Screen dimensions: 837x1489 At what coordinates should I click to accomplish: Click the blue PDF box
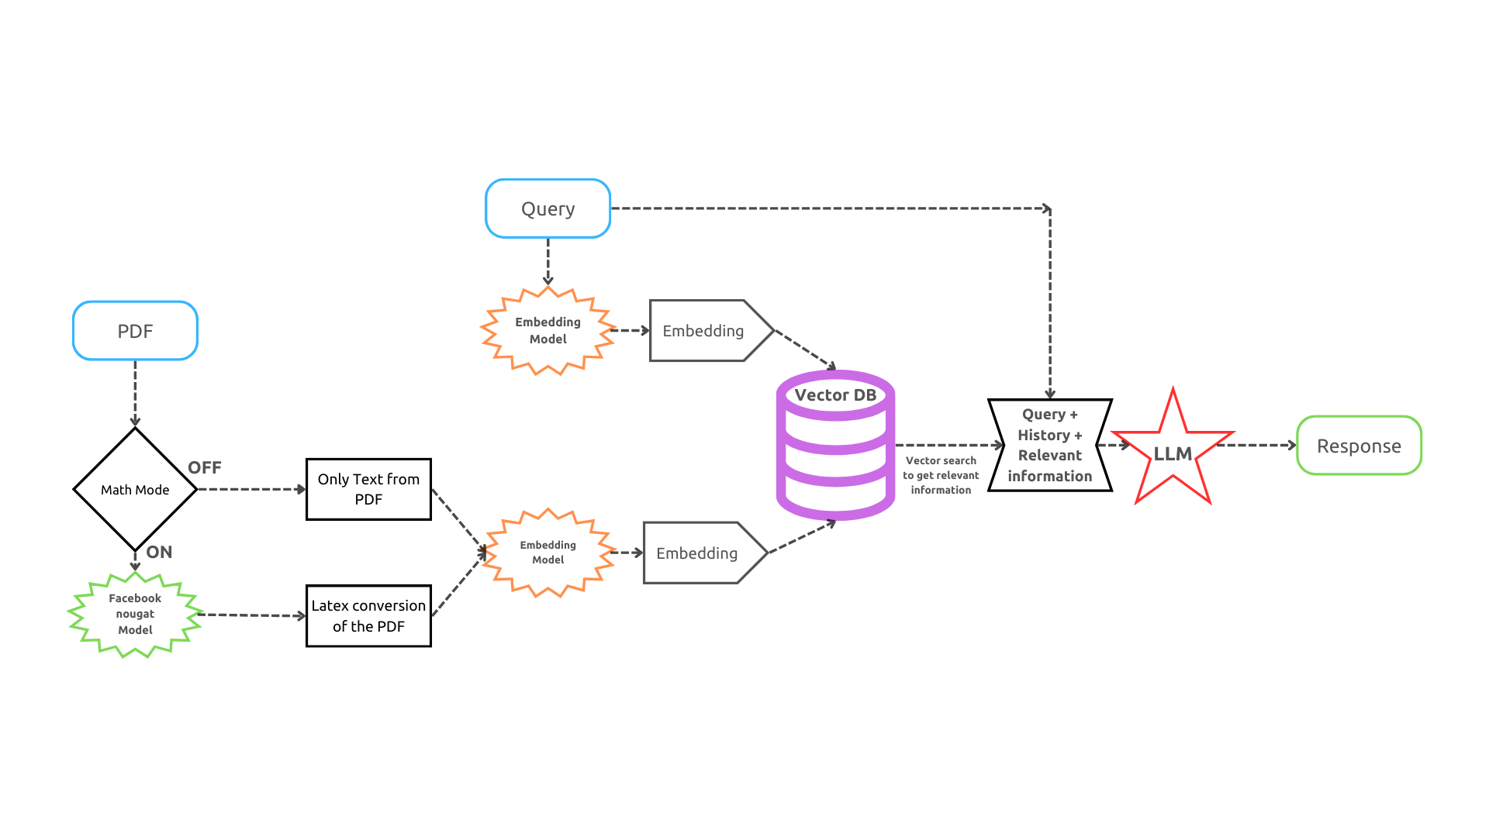pyautogui.click(x=135, y=331)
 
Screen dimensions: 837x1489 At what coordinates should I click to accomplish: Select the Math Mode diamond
pyautogui.click(x=135, y=489)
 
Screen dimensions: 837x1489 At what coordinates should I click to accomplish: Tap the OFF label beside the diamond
pyautogui.click(x=205, y=467)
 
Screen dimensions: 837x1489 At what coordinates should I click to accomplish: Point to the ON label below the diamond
pyautogui.click(x=159, y=552)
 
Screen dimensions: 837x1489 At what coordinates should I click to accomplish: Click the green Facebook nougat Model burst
pyautogui.click(x=135, y=614)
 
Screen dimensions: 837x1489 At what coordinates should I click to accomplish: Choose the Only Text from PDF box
pyautogui.click(x=368, y=489)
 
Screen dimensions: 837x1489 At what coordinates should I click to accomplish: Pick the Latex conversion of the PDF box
pyautogui.click(x=368, y=615)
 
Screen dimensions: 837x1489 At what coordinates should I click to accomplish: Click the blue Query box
pyautogui.click(x=548, y=208)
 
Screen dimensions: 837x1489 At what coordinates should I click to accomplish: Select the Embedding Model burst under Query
pyautogui.click(x=548, y=330)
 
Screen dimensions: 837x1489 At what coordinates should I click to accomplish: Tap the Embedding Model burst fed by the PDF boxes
pyautogui.click(x=548, y=553)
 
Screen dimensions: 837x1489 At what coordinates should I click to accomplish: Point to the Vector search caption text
pyautogui.click(x=941, y=475)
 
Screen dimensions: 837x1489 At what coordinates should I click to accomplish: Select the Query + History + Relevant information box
pyautogui.click(x=1049, y=445)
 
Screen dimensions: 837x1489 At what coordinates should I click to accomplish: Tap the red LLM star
pyautogui.click(x=1173, y=453)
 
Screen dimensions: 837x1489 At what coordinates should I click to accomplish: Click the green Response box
pyautogui.click(x=1359, y=446)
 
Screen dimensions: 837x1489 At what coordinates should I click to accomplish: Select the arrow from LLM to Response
pyautogui.click(x=1256, y=445)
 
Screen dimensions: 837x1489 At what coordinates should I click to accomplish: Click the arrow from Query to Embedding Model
pyautogui.click(x=548, y=262)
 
